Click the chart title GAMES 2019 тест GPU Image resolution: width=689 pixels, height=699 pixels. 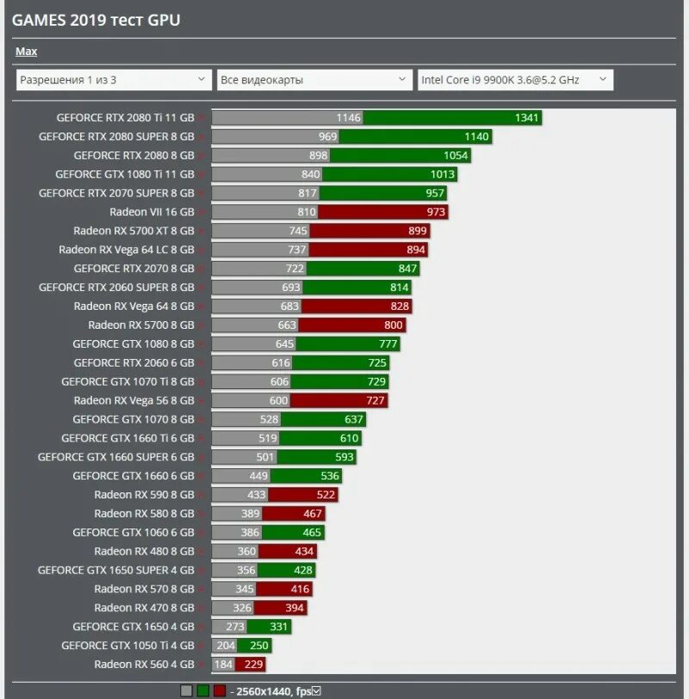click(96, 20)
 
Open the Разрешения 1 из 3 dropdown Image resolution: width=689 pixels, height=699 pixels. click(113, 80)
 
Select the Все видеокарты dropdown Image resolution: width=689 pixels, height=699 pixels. click(314, 80)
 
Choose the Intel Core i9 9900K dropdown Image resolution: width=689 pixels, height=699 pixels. click(514, 80)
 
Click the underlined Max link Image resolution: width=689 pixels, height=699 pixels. click(26, 52)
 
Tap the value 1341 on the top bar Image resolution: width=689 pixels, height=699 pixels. click(526, 118)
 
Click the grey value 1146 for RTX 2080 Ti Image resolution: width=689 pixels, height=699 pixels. click(349, 118)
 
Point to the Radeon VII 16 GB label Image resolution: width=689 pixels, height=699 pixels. click(152, 212)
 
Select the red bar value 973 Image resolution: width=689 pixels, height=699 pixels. click(436, 212)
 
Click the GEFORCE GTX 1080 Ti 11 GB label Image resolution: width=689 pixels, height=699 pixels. click(125, 174)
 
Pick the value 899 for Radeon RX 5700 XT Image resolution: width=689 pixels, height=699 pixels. click(417, 231)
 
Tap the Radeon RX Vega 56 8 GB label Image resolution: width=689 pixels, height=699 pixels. click(133, 400)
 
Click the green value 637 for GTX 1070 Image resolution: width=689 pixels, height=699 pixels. click(353, 419)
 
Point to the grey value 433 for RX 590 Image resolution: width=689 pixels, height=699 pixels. click(256, 495)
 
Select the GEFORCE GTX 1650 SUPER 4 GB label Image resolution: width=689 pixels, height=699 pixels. click(115, 570)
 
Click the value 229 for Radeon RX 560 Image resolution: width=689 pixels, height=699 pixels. click(253, 665)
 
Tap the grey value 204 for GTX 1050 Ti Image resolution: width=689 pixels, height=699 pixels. click(225, 646)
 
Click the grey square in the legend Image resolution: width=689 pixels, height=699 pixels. click(186, 690)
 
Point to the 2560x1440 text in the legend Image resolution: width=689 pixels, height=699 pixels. click(263, 690)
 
